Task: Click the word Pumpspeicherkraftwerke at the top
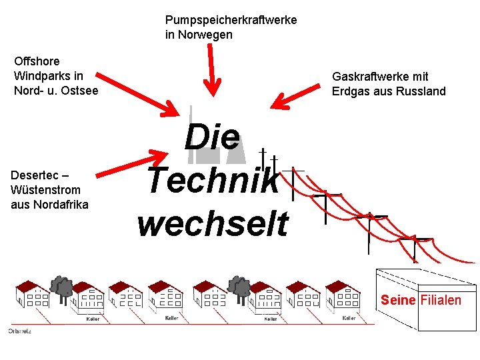pyautogui.click(x=231, y=20)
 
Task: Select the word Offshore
pyautogui.click(x=37, y=61)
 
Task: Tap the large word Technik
pyautogui.click(x=213, y=180)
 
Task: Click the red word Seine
pyautogui.click(x=398, y=300)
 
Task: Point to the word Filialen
pyautogui.click(x=441, y=300)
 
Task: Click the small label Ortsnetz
pyautogui.click(x=19, y=331)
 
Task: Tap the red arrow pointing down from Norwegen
pyautogui.click(x=213, y=67)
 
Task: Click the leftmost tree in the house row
pyautogui.click(x=63, y=286)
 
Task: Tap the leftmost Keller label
pyautogui.click(x=93, y=319)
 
